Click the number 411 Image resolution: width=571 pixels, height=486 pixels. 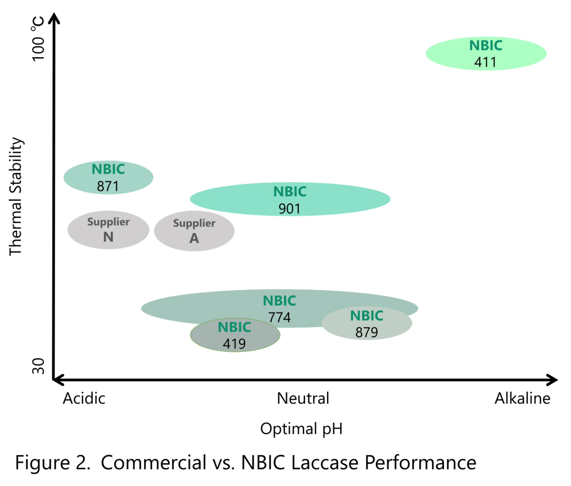[485, 62]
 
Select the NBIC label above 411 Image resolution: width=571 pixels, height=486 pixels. [486, 46]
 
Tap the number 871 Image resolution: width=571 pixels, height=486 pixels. [108, 186]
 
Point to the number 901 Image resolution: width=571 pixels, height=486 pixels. [290, 209]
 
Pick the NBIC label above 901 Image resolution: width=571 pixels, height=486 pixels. [290, 192]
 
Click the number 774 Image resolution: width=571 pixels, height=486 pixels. [280, 317]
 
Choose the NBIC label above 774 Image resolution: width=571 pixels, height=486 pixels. [279, 301]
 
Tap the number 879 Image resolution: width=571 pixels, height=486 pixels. [366, 332]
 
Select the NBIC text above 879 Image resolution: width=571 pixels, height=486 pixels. [366, 316]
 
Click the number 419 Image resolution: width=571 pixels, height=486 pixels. [234, 344]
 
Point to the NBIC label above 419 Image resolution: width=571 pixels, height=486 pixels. [234, 327]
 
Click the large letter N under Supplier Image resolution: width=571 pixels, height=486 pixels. [108, 237]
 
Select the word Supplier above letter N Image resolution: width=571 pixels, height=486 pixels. [108, 222]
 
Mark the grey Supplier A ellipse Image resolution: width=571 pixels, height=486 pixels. [217, 231]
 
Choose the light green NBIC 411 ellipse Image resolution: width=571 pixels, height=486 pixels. [446, 54]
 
